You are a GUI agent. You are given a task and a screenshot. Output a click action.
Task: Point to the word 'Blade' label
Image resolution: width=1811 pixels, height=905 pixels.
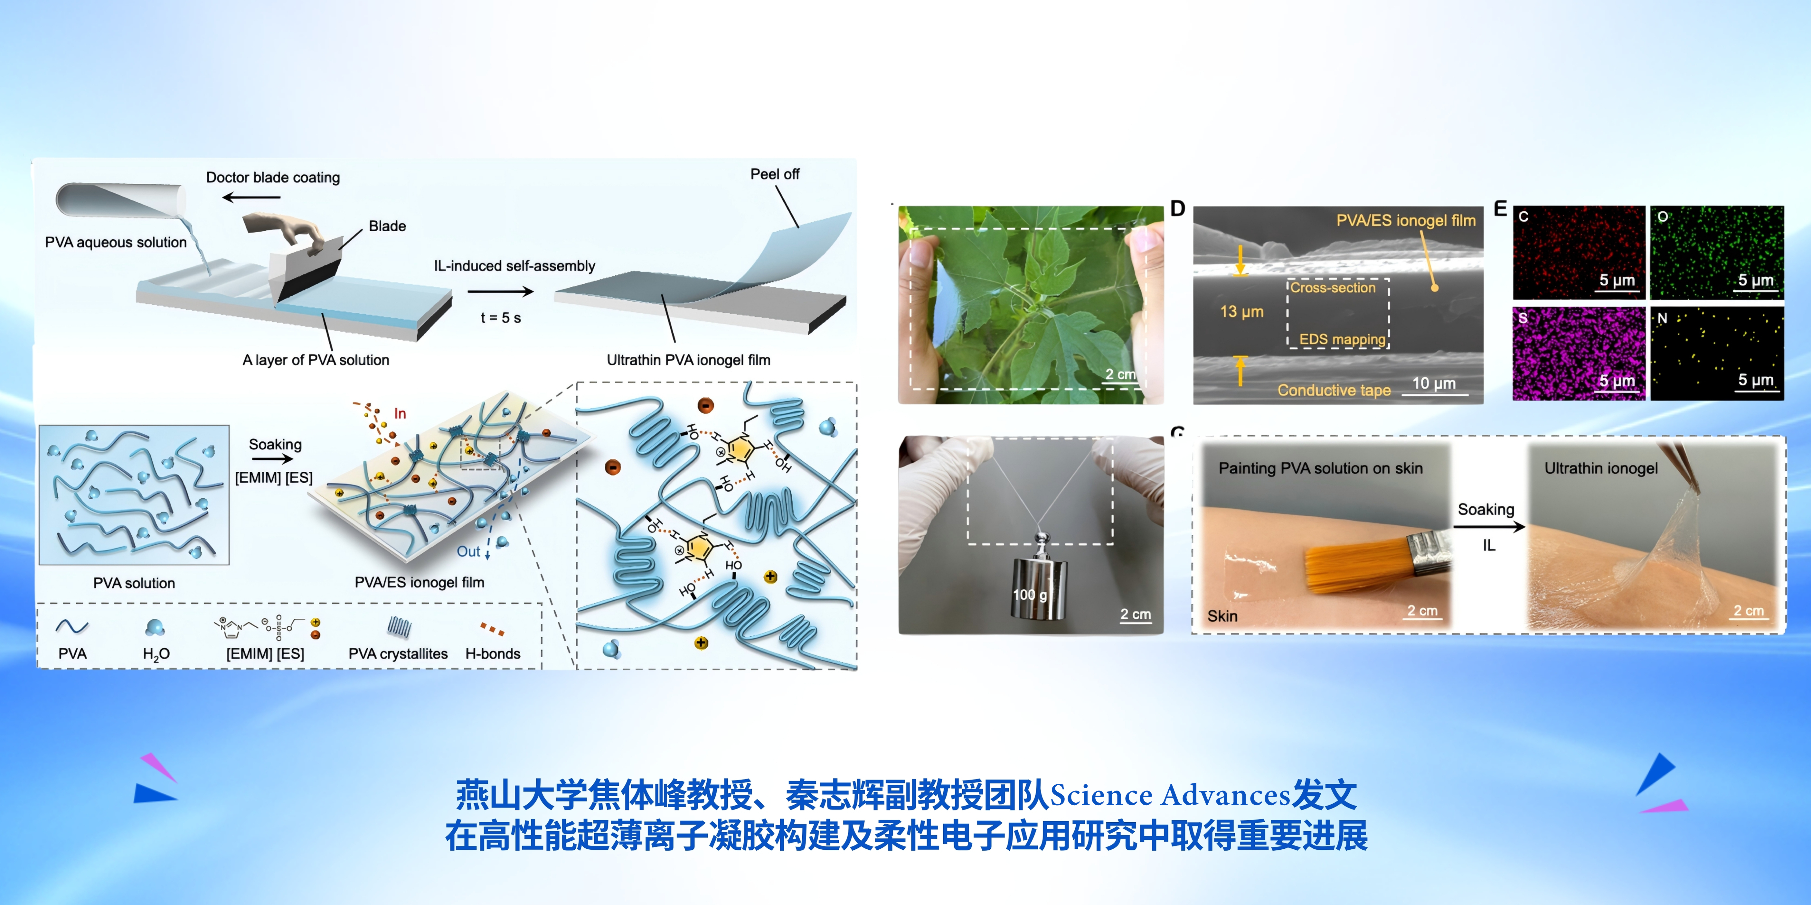(387, 226)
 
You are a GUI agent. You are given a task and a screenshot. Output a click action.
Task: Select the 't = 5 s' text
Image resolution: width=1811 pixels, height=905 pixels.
(501, 318)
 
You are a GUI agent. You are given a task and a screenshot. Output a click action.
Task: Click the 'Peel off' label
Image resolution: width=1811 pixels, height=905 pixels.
(775, 174)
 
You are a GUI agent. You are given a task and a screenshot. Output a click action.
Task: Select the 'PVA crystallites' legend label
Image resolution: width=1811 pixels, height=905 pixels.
(398, 653)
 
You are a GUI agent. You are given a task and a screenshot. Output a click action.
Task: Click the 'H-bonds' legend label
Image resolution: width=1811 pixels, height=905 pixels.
(493, 653)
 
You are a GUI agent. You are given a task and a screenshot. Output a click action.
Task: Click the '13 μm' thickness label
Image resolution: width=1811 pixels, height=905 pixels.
(1241, 311)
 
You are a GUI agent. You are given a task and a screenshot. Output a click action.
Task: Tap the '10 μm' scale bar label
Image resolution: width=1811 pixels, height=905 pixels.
(1434, 383)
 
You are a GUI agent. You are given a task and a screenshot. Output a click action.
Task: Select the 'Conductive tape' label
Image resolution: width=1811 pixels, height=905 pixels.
(1334, 391)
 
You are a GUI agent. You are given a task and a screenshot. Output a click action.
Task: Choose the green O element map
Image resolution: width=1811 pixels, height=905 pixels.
(1717, 252)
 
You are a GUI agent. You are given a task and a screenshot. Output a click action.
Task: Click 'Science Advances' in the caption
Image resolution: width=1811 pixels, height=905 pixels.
(1170, 795)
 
